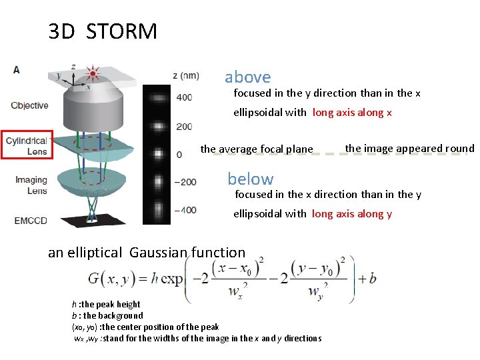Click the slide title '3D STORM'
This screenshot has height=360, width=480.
103,31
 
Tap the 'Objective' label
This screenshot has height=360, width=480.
29,105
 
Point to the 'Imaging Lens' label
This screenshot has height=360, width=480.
30,185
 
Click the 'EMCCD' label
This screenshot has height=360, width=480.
29,220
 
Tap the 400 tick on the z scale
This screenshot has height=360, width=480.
183,98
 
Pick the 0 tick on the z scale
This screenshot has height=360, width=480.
178,154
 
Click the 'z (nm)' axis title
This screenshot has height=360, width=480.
186,75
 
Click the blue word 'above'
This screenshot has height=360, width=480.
247,77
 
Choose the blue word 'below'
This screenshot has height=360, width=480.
250,179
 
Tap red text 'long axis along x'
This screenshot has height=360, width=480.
353,113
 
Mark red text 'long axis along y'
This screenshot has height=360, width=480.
352,214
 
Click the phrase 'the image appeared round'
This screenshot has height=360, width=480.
409,149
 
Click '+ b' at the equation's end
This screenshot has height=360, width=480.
367,278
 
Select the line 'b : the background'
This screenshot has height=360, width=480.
107,315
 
